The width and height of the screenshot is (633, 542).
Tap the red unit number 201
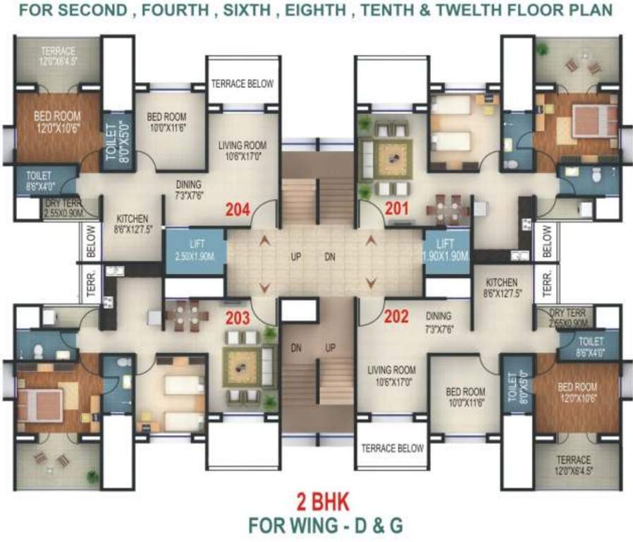[398, 209]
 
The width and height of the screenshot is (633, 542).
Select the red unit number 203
[238, 318]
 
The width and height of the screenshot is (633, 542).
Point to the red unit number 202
[396, 318]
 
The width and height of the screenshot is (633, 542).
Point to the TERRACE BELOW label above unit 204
[242, 83]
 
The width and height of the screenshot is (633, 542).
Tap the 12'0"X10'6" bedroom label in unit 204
[48, 121]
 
